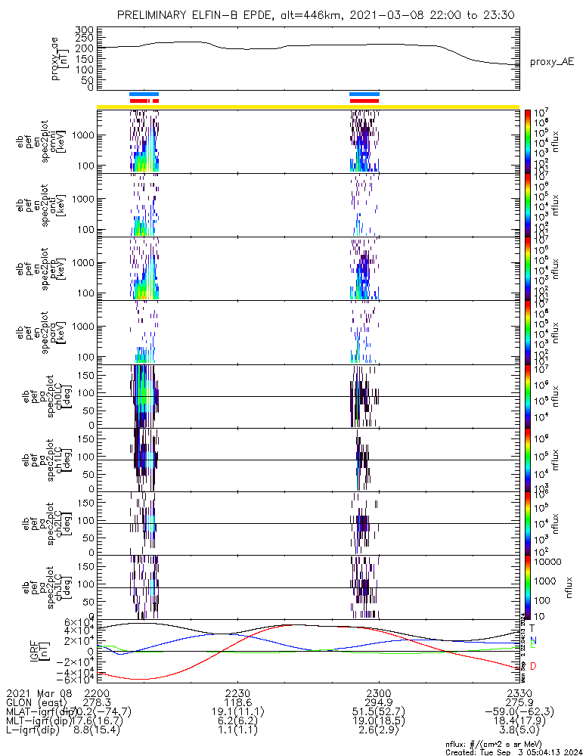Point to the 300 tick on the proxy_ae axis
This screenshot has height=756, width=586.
pos(84,29)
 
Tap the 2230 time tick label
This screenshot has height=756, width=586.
pos(237,692)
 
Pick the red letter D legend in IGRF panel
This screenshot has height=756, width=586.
pos(533,666)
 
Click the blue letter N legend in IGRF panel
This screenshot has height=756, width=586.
pos(533,640)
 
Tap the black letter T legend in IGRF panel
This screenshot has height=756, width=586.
pos(533,627)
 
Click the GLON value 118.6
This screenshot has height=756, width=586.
pos(237,702)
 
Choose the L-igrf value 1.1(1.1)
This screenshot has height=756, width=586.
pos(237,734)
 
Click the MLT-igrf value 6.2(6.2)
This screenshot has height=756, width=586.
pos(237,723)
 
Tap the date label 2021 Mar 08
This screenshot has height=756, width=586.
pos(38,692)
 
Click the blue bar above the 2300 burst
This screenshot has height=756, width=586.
pos(364,94)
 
